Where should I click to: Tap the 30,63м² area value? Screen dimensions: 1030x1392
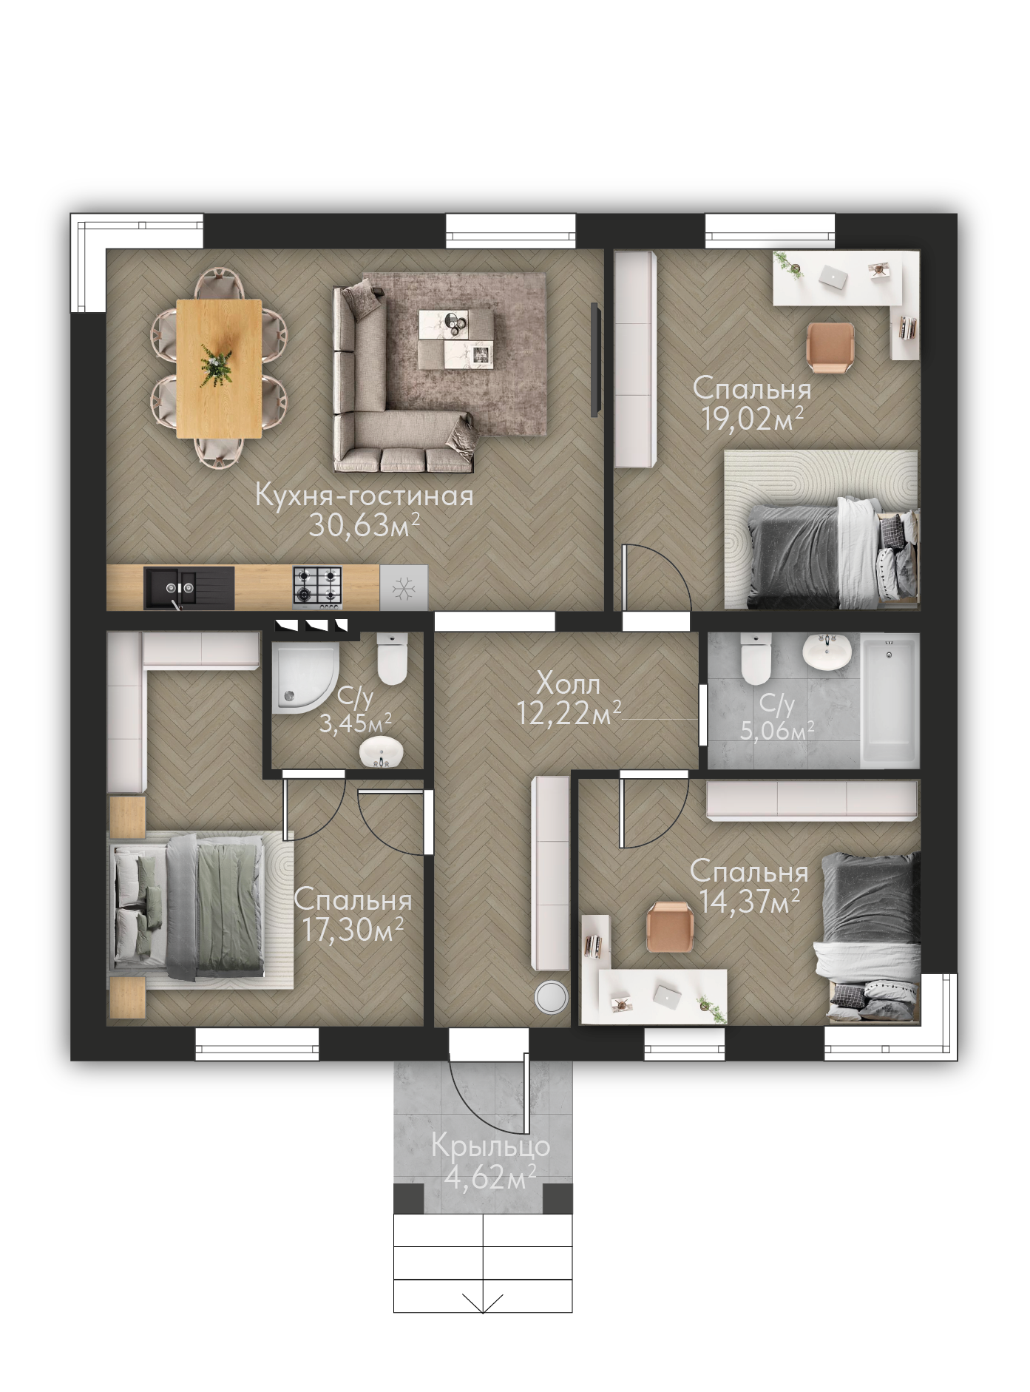tap(365, 525)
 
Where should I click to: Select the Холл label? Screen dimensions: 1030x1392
tap(568, 683)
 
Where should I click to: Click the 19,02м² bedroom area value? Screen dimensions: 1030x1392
tap(753, 419)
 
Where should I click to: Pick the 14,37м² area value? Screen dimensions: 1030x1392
tap(749, 902)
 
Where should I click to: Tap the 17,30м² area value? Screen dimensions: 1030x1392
tap(352, 930)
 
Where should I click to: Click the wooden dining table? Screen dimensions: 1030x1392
tap(219, 368)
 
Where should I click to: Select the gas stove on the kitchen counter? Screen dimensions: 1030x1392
tap(318, 587)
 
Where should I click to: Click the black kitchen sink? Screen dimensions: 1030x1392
tap(189, 588)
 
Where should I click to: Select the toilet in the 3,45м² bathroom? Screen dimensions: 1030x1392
tap(392, 658)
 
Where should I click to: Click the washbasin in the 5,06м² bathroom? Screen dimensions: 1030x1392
tap(827, 651)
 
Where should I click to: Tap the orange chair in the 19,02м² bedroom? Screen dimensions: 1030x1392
tap(831, 346)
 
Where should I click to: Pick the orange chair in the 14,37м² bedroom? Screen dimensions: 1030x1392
tap(670, 927)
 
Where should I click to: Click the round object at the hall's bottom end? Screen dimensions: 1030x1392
tap(551, 997)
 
